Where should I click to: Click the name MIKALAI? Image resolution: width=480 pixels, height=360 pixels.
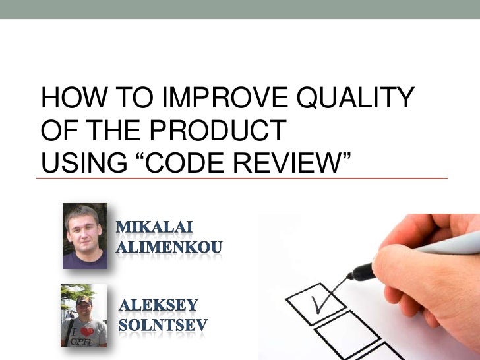(x=155, y=228)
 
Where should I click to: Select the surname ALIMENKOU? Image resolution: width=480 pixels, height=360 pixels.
(x=169, y=248)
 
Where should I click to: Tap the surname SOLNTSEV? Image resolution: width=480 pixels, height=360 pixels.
(x=163, y=325)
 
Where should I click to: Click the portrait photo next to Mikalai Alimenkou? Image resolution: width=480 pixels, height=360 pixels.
(x=85, y=235)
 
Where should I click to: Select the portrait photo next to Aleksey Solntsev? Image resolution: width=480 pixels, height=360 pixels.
(x=84, y=315)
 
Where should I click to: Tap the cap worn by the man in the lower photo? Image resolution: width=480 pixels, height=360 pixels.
(x=84, y=300)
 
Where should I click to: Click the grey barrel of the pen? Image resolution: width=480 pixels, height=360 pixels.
(x=448, y=245)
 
